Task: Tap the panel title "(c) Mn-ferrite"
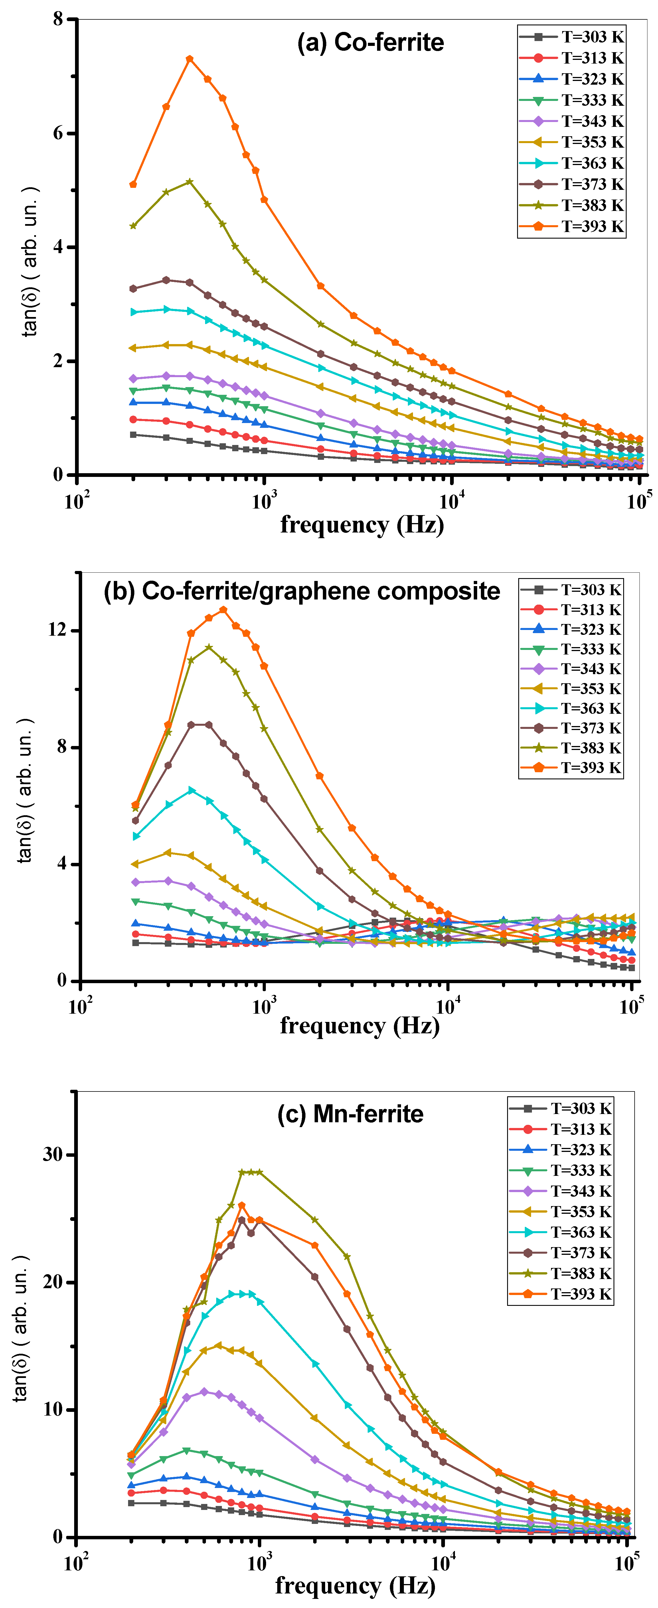click(x=350, y=1114)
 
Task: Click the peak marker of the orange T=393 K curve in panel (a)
click(x=190, y=59)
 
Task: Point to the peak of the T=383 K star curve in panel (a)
click(x=190, y=182)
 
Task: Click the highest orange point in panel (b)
click(x=223, y=610)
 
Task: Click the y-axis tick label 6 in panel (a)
click(x=57, y=133)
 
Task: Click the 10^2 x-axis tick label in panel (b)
click(x=80, y=1006)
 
